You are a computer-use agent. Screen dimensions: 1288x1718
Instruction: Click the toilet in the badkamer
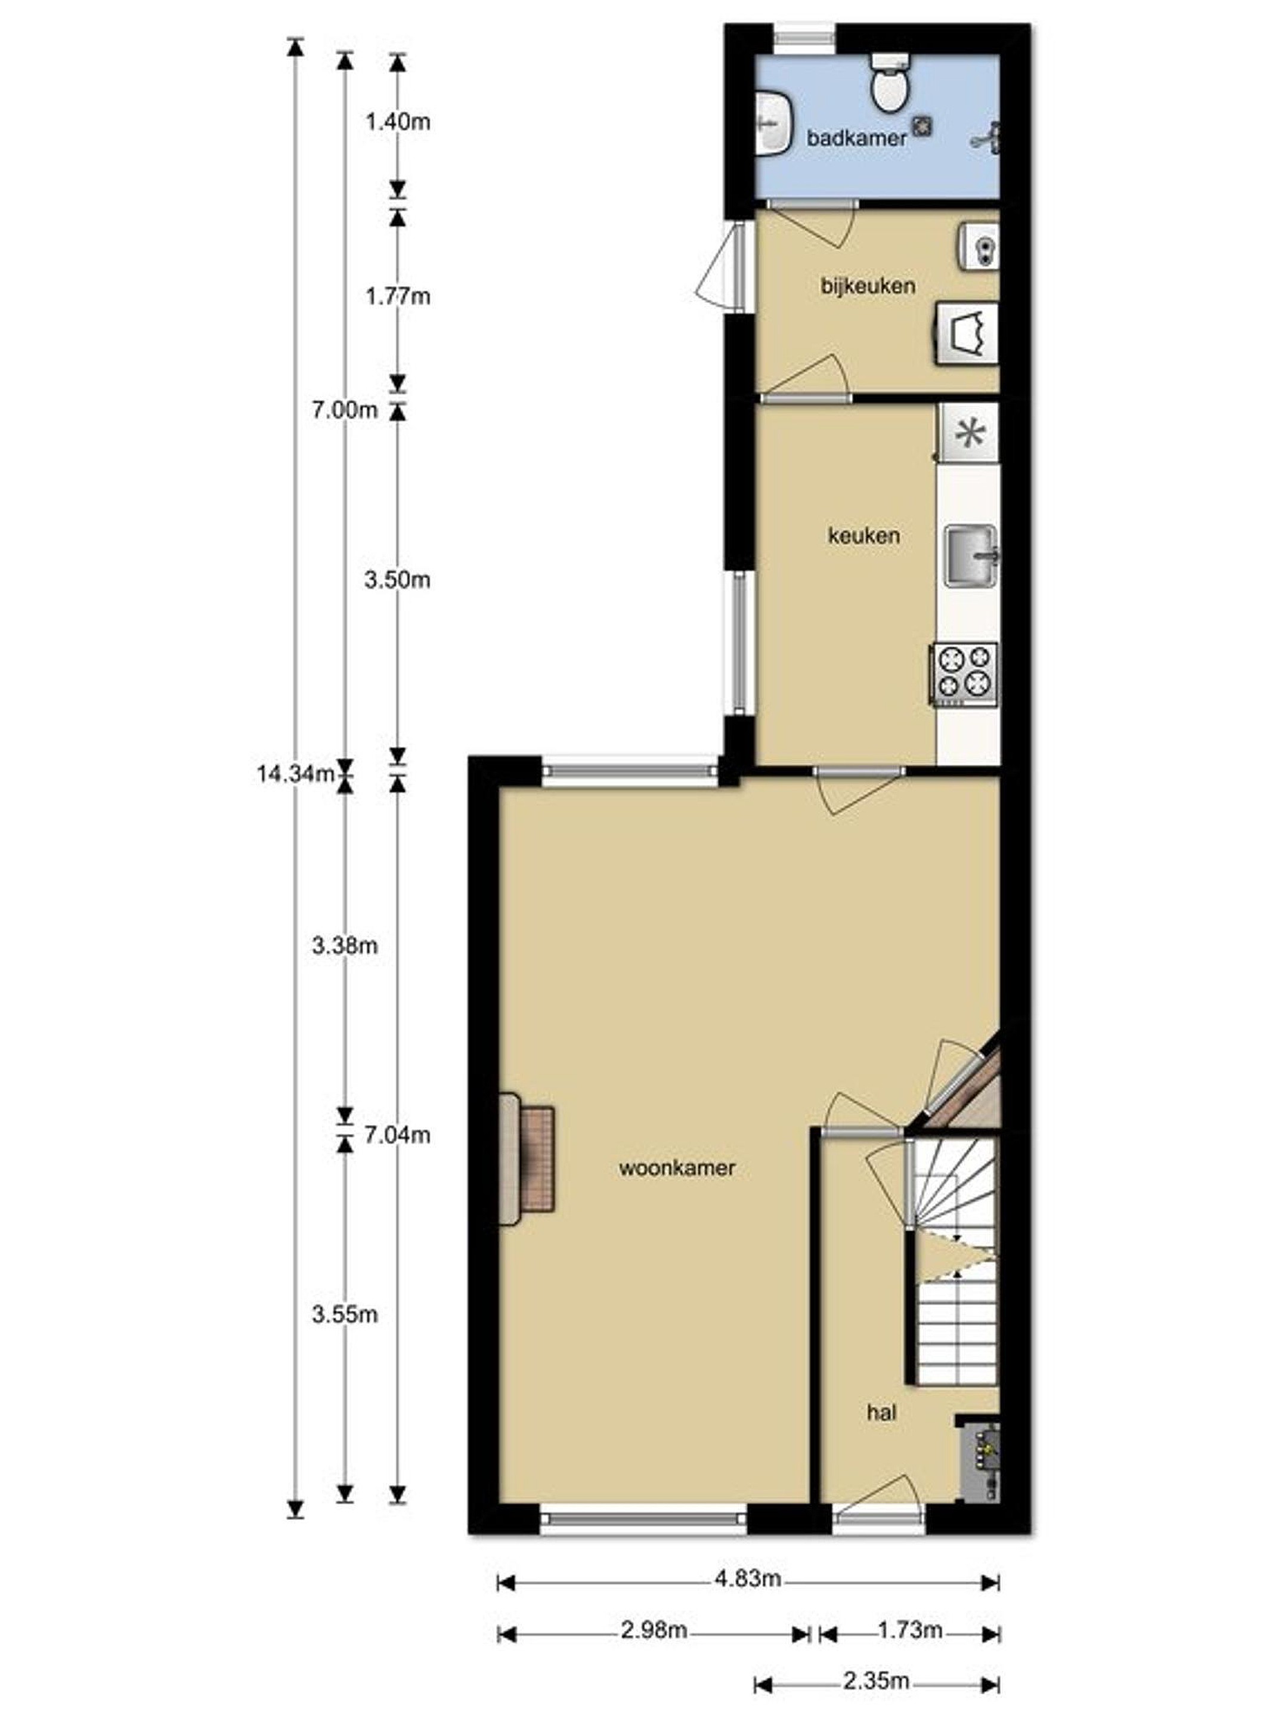coord(887,82)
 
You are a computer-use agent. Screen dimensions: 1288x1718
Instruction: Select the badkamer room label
coord(857,138)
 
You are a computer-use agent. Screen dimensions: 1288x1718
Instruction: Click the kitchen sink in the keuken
coord(970,556)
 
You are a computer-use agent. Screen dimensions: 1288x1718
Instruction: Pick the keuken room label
coord(863,535)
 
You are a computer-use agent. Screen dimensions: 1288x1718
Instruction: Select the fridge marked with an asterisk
coord(968,432)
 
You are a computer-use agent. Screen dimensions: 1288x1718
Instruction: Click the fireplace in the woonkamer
coord(527,1159)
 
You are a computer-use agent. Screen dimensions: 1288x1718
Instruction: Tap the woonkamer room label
coord(677,1168)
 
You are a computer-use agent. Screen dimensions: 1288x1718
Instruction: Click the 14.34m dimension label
coord(295,774)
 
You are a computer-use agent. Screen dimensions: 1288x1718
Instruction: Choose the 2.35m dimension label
coord(876,1681)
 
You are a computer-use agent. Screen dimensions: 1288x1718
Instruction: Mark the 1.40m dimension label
coord(398,122)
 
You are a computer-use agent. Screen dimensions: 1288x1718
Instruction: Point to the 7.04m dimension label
coord(398,1135)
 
